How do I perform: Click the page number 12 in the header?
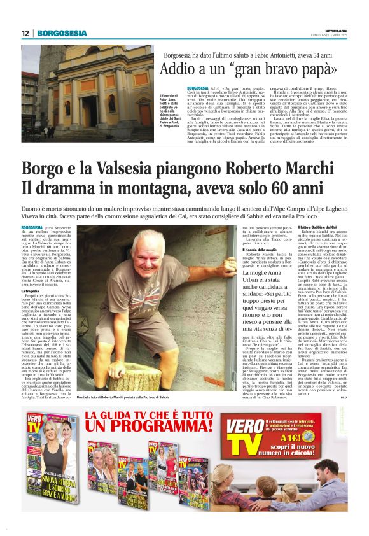click(25, 33)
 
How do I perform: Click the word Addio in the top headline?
click(179, 69)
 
